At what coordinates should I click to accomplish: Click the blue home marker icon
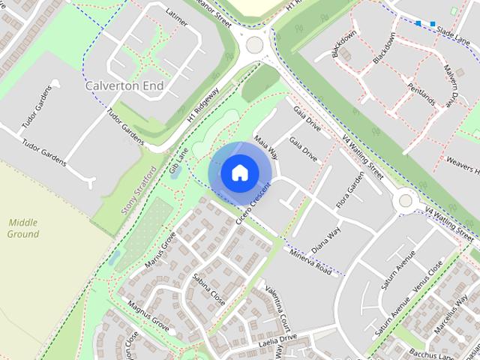(239, 173)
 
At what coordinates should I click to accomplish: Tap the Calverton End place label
(124, 85)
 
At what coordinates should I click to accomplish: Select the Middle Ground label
(23, 228)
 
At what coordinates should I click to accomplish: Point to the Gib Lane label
(176, 160)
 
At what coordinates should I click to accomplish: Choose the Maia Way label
(265, 147)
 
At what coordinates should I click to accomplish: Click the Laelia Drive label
(279, 338)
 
